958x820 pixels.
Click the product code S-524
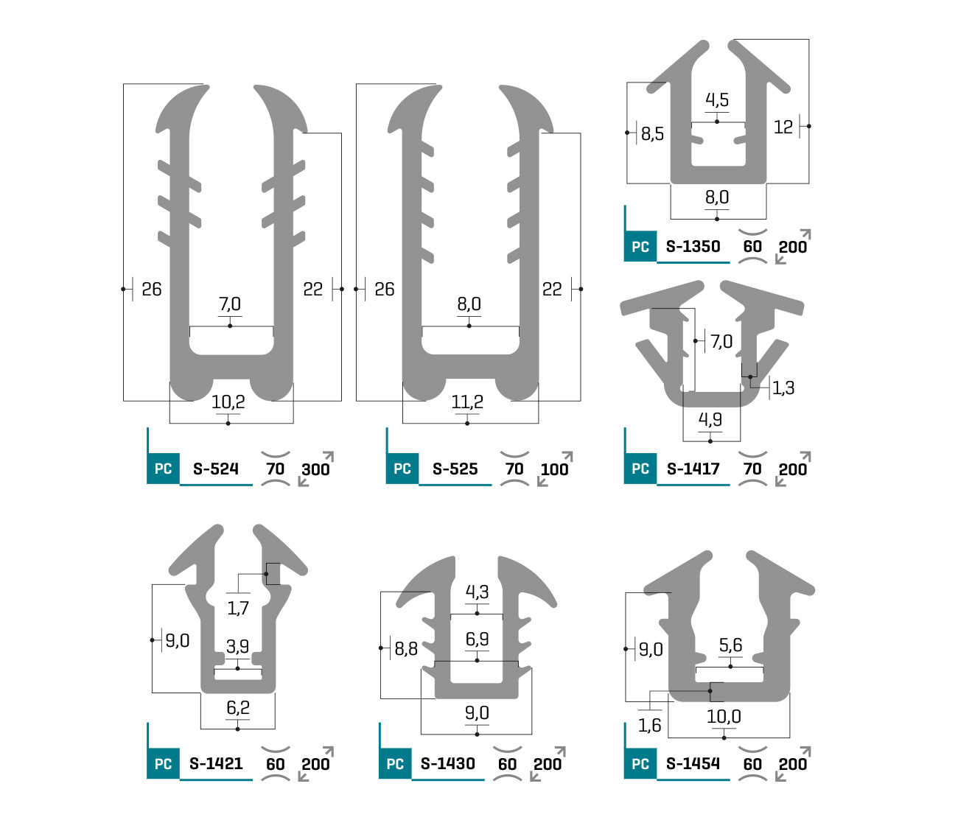click(215, 469)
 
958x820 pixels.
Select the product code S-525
click(455, 469)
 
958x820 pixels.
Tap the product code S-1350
click(693, 247)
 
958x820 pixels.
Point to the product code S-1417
click(693, 469)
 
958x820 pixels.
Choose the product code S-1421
click(216, 763)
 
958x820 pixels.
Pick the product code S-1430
click(448, 763)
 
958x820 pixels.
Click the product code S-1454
click(693, 763)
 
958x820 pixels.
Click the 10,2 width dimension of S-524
click(228, 402)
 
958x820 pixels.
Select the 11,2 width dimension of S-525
click(467, 402)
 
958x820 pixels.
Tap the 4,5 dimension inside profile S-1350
click(717, 99)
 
